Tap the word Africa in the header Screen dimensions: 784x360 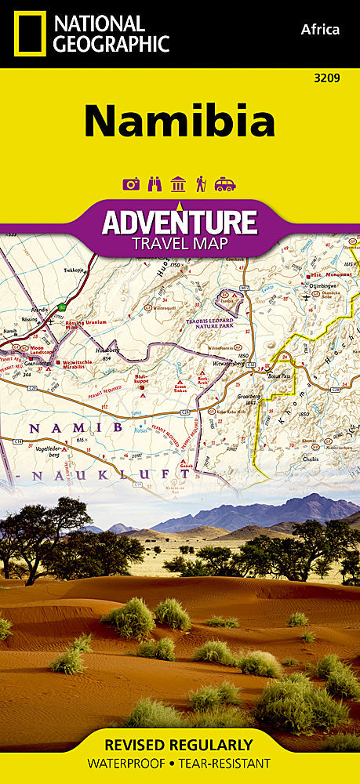320,30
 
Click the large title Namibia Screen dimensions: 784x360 180,122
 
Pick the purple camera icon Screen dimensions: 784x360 131,184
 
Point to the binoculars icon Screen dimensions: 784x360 155,184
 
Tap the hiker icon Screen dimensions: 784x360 201,184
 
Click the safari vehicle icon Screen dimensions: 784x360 225,184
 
